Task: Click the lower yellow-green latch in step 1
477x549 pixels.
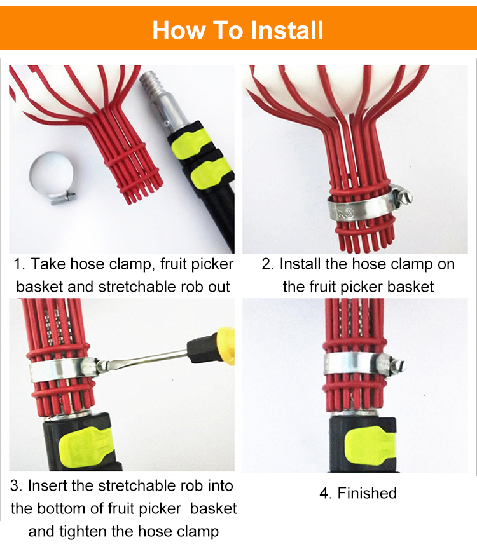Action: pos(211,174)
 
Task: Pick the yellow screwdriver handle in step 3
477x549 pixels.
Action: pos(225,346)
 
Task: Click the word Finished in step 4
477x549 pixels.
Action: pos(367,493)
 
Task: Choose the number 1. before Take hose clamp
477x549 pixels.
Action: pos(19,264)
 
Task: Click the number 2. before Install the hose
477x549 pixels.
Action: pos(268,264)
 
